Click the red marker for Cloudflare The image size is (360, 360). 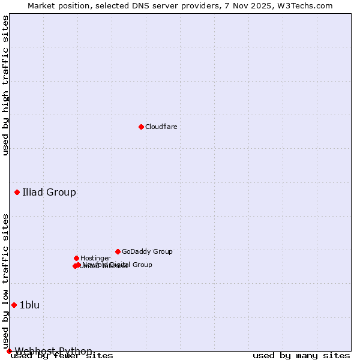click(x=141, y=127)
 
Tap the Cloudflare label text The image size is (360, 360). click(x=161, y=127)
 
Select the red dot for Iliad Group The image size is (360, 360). click(x=17, y=192)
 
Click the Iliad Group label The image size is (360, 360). click(x=49, y=193)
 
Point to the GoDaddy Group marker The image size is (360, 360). click(x=118, y=251)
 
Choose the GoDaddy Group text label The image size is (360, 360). click(x=147, y=252)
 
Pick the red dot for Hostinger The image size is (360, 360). click(x=76, y=258)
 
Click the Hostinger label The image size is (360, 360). click(x=95, y=259)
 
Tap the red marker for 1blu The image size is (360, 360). click(x=14, y=305)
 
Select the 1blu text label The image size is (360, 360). click(x=29, y=305)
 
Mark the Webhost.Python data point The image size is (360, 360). click(x=9, y=351)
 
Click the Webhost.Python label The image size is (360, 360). click(x=53, y=351)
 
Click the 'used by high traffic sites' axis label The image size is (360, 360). click(x=6, y=86)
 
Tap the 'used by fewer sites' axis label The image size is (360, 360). click(x=62, y=356)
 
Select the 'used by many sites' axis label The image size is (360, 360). click(x=301, y=356)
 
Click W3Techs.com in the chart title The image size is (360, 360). click(x=308, y=5)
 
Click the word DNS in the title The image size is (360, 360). click(x=144, y=5)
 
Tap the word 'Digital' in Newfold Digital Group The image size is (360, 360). click(x=120, y=265)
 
